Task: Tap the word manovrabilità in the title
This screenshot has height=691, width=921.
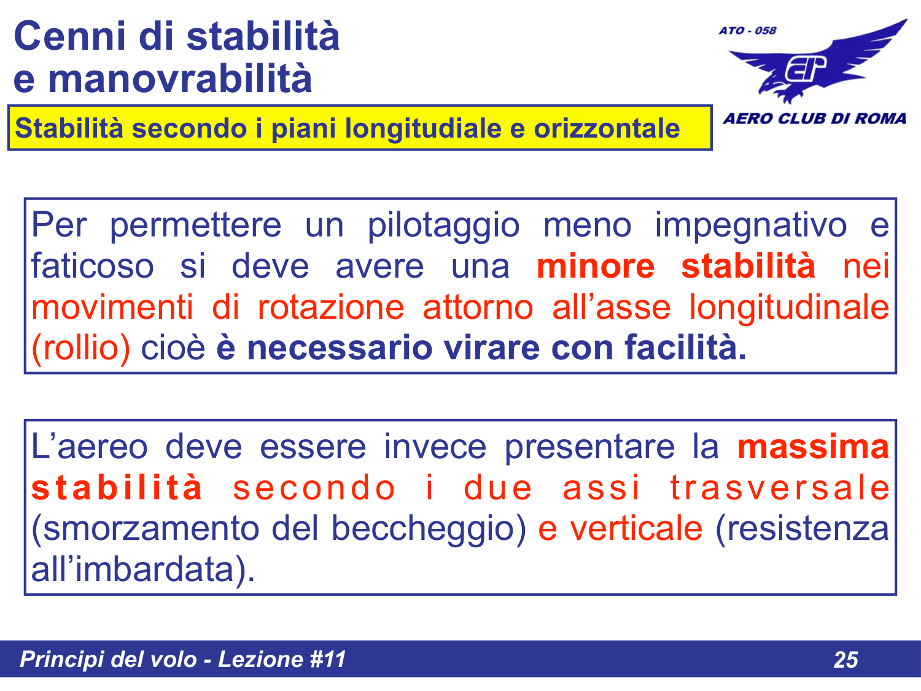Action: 180,79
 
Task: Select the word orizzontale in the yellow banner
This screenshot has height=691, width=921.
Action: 606,128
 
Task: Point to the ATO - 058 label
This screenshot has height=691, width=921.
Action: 747,31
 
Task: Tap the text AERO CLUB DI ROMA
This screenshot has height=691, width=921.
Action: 814,119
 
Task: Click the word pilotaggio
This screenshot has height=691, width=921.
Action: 443,225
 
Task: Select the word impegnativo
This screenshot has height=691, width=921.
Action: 750,225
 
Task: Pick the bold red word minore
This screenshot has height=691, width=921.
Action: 596,267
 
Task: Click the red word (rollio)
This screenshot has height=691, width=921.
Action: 80,348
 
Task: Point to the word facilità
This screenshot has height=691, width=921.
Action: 685,348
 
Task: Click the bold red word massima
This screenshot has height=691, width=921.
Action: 813,447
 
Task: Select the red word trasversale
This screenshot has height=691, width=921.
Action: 779,488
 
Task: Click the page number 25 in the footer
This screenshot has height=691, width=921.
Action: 845,660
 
